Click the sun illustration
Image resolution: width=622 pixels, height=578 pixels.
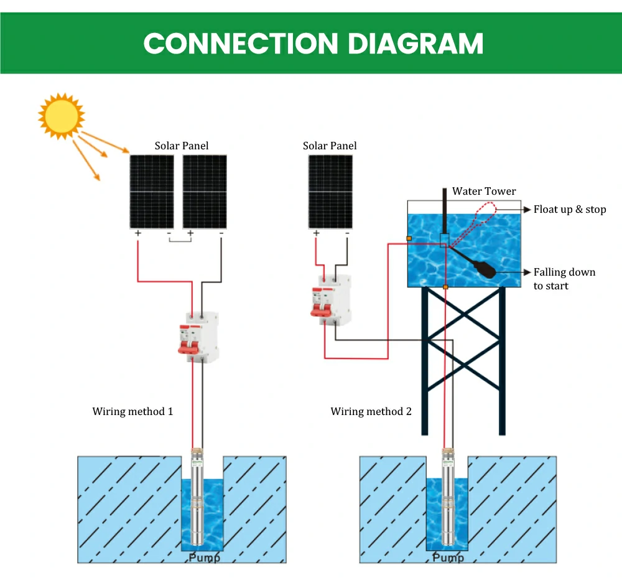[60, 115]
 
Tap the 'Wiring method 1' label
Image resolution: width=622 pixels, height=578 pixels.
[132, 411]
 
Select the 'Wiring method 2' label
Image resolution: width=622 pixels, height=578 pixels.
[371, 411]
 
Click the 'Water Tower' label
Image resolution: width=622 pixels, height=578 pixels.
[484, 191]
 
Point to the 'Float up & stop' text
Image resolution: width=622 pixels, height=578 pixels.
[569, 209]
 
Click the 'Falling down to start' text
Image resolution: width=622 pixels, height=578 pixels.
[564, 279]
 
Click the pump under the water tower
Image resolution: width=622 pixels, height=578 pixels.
[448, 498]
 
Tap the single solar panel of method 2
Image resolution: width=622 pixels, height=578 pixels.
[330, 192]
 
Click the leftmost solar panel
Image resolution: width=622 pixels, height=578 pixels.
[151, 192]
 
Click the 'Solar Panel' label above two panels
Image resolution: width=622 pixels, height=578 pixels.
[182, 146]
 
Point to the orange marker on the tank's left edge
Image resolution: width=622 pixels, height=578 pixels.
[409, 238]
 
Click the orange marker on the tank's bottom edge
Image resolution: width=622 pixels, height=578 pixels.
[445, 287]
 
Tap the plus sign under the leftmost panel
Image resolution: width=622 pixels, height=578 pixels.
[137, 233]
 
